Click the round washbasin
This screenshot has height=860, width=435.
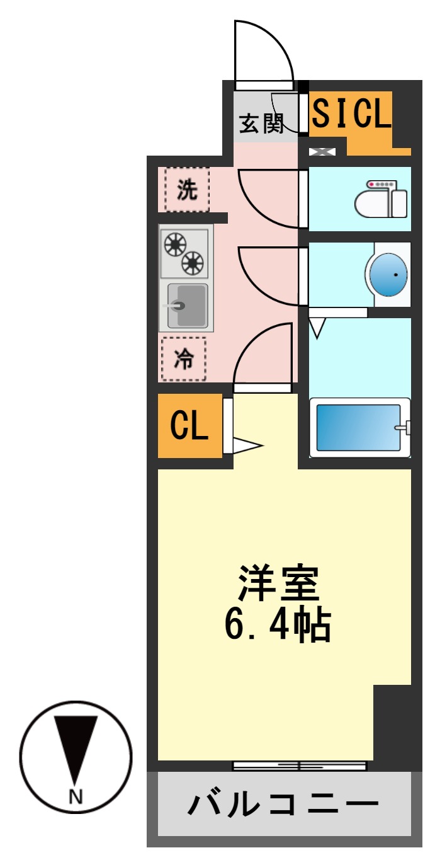(x=388, y=275)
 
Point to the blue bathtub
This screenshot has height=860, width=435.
(x=358, y=428)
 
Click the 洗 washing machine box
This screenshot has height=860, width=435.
(x=186, y=190)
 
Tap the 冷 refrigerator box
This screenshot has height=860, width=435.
(x=183, y=359)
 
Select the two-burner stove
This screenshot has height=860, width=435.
(x=184, y=253)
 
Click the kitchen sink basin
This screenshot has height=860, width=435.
(x=187, y=306)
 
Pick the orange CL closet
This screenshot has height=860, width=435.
(x=189, y=427)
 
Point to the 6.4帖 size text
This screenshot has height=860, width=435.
(x=278, y=623)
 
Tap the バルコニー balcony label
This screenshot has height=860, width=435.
(x=283, y=805)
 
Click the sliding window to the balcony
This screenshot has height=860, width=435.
(x=299, y=766)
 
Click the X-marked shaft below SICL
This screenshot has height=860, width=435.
(x=322, y=151)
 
